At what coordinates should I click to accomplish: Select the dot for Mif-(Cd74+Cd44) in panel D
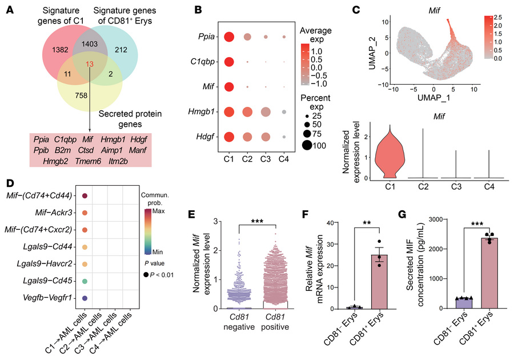85,196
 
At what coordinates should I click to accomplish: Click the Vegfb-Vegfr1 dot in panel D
85,298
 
